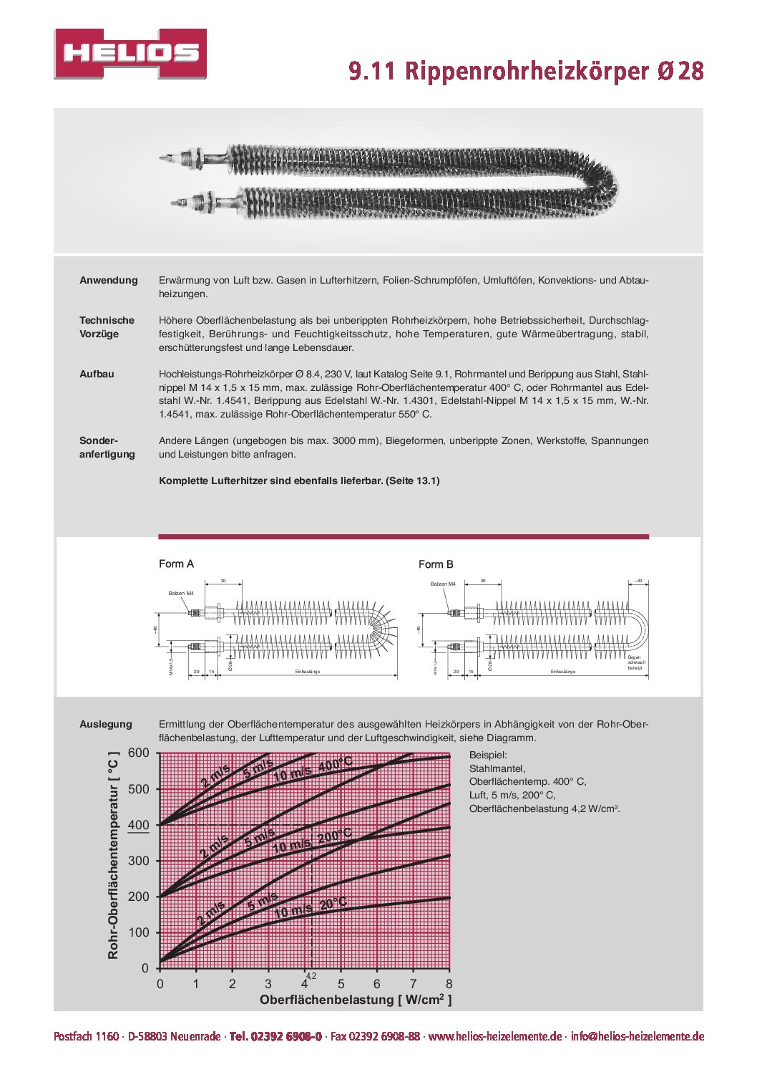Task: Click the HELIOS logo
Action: coord(130,54)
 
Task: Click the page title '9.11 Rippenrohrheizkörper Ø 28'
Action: coord(526,71)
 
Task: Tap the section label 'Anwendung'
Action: coord(109,280)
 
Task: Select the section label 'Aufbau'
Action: coord(97,374)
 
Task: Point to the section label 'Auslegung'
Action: coord(106,724)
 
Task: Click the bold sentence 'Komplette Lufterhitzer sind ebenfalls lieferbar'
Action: coord(299,481)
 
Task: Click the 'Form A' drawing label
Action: coord(176,564)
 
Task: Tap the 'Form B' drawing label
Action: coord(436,564)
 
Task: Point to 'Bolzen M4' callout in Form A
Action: coord(181,593)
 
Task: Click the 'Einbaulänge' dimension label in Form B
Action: coord(562,672)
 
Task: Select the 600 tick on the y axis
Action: coord(138,753)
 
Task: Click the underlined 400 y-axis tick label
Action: coord(138,825)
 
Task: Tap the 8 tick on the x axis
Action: coord(449,984)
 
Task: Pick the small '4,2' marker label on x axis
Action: coord(311,975)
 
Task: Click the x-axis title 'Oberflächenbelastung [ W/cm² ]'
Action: coord(355,1000)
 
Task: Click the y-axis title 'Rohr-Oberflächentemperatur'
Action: coord(113,856)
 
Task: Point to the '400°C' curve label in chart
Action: coord(335,765)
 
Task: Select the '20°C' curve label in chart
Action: coord(333,904)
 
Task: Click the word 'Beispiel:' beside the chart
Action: coord(488,755)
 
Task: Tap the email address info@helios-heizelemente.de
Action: coord(637,1036)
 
